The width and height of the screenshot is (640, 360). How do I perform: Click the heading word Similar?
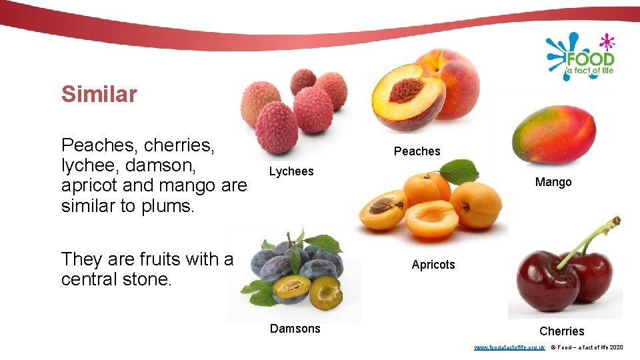[x=99, y=94]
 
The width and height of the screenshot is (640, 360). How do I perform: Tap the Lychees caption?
[x=291, y=171]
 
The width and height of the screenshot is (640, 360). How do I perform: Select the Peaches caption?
[x=417, y=151]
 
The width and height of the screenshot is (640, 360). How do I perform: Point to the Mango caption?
[x=553, y=182]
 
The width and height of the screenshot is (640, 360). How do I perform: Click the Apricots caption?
[x=433, y=265]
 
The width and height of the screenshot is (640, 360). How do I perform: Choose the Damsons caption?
[x=295, y=329]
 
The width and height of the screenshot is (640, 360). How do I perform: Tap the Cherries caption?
[x=561, y=331]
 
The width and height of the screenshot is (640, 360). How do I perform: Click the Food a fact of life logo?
[x=580, y=57]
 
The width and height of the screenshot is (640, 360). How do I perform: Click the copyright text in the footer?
[x=587, y=347]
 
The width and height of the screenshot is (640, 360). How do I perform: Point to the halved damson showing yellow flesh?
[x=292, y=288]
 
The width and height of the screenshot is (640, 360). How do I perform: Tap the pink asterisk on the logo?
[x=606, y=42]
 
